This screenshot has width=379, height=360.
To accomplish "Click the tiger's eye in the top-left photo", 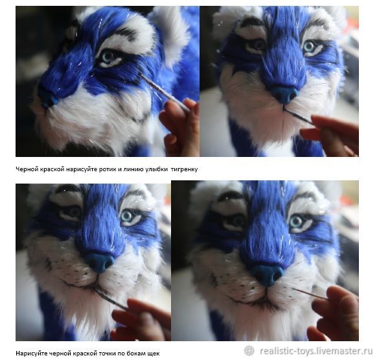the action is click(108, 57).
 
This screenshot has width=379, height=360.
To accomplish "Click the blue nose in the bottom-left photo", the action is click(100, 262).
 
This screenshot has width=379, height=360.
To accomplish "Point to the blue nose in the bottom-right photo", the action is click(268, 275).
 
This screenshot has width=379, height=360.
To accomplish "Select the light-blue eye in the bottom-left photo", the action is click(128, 216).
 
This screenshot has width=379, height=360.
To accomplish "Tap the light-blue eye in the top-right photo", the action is click(309, 47).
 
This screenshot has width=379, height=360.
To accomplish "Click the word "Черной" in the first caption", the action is click(25, 169).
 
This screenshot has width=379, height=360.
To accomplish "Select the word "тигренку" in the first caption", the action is click(184, 169).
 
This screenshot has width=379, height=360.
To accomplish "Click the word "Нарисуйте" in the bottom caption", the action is click(32, 354).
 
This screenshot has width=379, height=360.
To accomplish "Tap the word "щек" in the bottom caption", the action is click(154, 354).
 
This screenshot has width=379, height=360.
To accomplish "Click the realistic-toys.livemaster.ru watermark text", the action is click(316, 351).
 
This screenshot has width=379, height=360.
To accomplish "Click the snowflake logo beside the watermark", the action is click(249, 351).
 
